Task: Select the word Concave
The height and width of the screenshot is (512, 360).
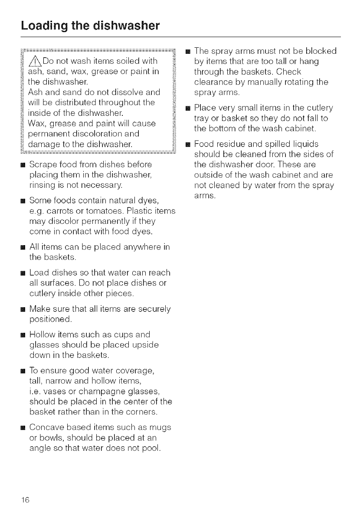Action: (45, 427)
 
